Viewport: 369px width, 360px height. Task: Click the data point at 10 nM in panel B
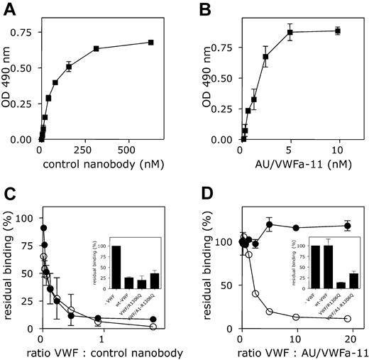pyautogui.click(x=338, y=31)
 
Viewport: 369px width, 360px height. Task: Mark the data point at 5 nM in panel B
pyautogui.click(x=290, y=32)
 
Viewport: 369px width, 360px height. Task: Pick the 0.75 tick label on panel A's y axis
pyautogui.click(x=22, y=33)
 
